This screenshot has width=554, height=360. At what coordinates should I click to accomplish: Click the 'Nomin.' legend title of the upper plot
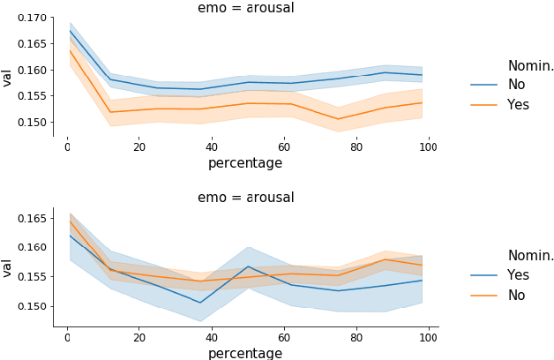(530, 65)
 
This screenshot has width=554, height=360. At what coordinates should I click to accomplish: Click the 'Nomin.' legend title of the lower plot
(530, 256)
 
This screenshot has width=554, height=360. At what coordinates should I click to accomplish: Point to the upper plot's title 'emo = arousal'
(245, 8)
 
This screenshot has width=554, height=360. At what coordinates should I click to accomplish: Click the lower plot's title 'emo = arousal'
(245, 198)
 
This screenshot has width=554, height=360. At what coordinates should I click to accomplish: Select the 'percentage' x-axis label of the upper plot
(245, 163)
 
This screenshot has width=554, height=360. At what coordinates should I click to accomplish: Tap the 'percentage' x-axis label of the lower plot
(245, 353)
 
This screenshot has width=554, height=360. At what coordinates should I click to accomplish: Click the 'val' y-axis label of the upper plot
(8, 77)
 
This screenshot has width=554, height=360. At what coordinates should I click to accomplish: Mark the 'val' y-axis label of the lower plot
(8, 267)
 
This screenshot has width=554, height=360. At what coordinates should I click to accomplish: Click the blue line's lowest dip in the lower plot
(201, 303)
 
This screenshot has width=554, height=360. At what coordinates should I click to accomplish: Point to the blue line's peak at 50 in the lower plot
(248, 266)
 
